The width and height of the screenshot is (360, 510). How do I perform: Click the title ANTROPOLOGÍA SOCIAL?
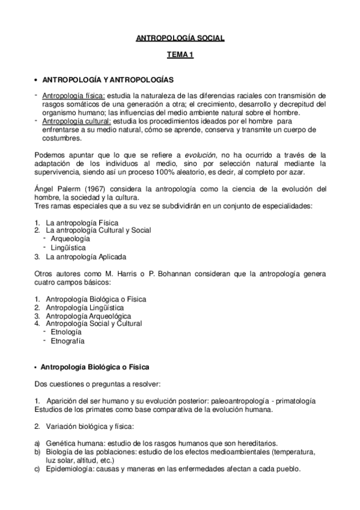click(180, 38)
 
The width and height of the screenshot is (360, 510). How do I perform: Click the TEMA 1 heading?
click(180, 57)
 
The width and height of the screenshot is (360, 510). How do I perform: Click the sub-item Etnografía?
click(68, 341)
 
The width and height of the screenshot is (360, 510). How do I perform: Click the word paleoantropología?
click(233, 401)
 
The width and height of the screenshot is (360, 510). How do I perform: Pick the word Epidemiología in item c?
click(67, 469)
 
